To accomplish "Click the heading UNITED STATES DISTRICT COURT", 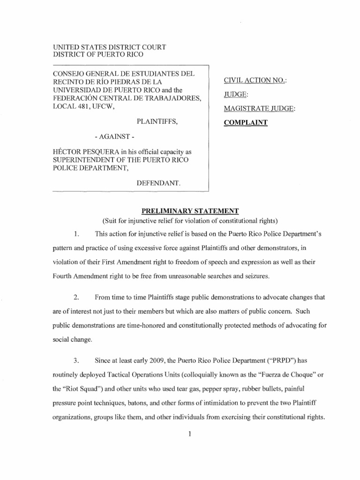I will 108,47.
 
